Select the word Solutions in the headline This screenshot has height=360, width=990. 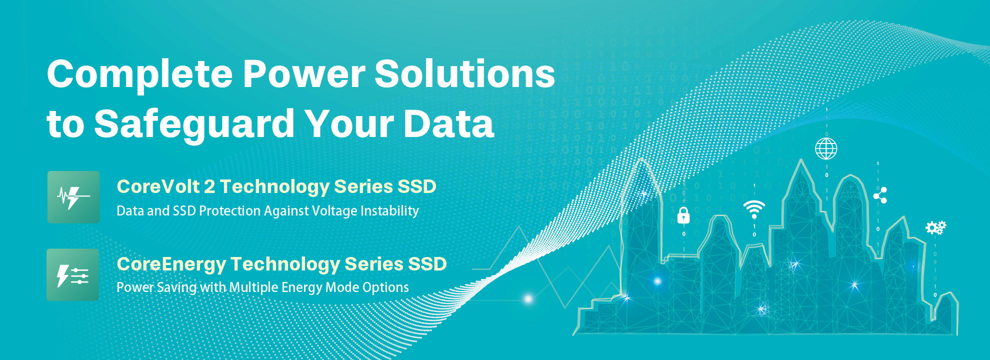pos(465,73)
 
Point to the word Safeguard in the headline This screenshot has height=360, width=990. pos(194,124)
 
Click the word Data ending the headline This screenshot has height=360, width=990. pos(448,123)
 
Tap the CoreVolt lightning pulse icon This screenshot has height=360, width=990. pos(73,197)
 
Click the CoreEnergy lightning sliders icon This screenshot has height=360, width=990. pos(73,274)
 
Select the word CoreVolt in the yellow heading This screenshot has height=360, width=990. pos(158,186)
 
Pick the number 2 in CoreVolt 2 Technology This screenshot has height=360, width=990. pos(209,186)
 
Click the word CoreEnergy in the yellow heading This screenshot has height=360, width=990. pos(171,264)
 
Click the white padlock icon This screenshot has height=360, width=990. pos(683,215)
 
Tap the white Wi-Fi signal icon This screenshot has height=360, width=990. pos(754,209)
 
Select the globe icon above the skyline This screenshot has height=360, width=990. pos(826,148)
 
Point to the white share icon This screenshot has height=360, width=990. pos(880,195)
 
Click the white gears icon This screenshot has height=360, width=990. pos(935,228)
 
